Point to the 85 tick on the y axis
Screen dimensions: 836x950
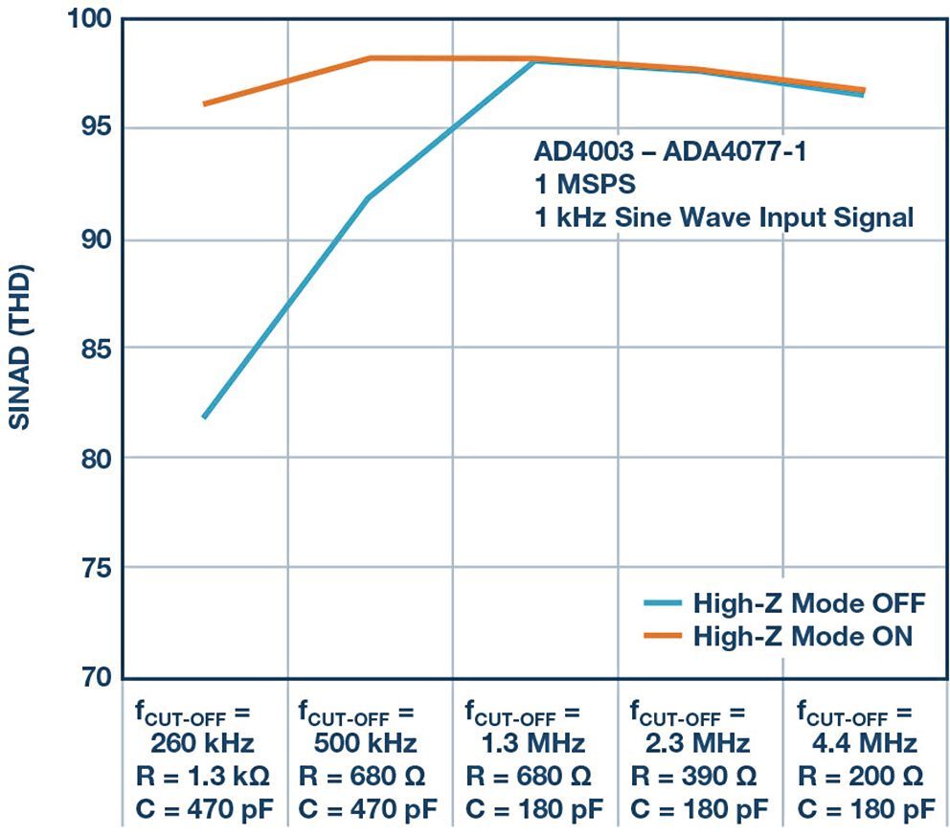coord(88,349)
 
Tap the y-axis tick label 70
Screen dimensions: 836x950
coord(88,678)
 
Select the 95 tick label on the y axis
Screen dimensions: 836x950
coord(88,128)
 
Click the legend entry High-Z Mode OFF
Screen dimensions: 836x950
coord(808,603)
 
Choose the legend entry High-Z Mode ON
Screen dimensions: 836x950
coord(803,635)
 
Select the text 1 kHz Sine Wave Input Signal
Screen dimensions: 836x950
coord(723,216)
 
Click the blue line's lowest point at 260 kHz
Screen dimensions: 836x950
coord(204,417)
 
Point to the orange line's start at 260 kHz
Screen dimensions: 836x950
coord(204,103)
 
